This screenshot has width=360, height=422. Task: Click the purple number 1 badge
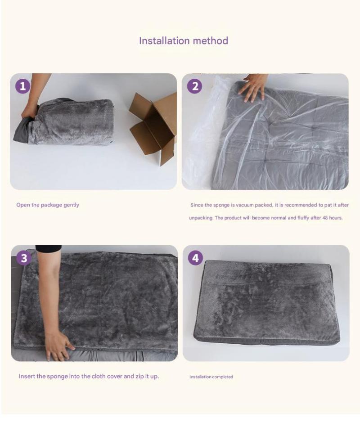coord(22,86)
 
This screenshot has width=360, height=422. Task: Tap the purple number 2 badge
coord(195,86)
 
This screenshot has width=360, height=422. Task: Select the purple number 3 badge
coord(24,258)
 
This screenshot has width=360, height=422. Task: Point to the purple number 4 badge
coord(195,258)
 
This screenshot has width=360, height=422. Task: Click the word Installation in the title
coord(165,40)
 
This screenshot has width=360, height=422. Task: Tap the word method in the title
coord(211,40)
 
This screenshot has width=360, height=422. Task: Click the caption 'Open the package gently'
coord(48,205)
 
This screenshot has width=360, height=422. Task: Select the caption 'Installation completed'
coord(211,377)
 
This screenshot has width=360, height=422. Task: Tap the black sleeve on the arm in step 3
coord(49,248)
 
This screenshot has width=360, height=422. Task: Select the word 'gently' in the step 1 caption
coord(72,205)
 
